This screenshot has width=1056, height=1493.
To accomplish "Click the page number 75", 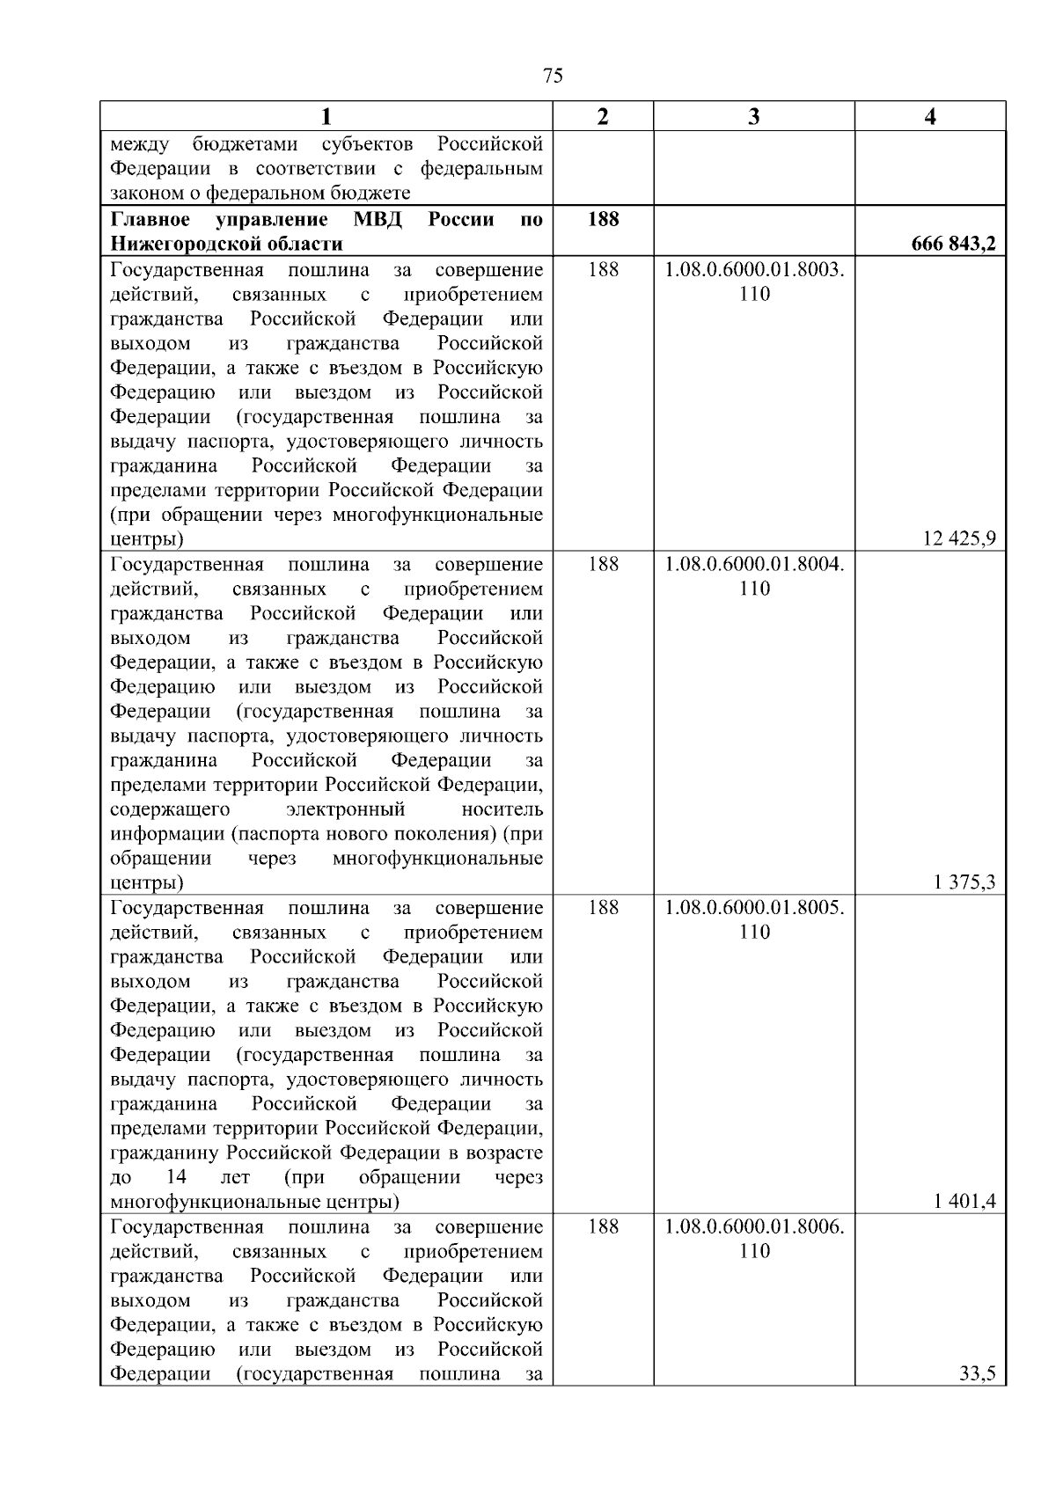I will point(554,76).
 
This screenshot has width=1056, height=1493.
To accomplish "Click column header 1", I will point(326,117).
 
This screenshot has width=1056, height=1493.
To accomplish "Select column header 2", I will point(603,117).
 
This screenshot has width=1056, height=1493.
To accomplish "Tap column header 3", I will point(754,117).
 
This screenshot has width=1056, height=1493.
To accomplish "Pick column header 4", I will point(930,117).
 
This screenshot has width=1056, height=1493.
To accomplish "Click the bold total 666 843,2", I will point(954,245).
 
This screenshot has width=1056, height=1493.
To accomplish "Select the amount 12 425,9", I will point(959,539).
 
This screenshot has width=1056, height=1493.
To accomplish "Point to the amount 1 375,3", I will point(964,882).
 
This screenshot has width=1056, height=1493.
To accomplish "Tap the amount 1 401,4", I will point(964,1202).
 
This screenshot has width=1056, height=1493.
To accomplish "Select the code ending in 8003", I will point(754,270).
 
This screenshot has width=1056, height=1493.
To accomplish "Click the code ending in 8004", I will point(754,565).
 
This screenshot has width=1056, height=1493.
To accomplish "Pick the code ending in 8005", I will point(754,908).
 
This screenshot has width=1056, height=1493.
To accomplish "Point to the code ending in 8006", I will point(754,1227).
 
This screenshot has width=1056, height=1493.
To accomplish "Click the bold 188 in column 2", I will point(603,219).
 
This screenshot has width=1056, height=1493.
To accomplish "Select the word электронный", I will point(346,809).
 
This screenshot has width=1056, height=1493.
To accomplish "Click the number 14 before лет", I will point(176,1177).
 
